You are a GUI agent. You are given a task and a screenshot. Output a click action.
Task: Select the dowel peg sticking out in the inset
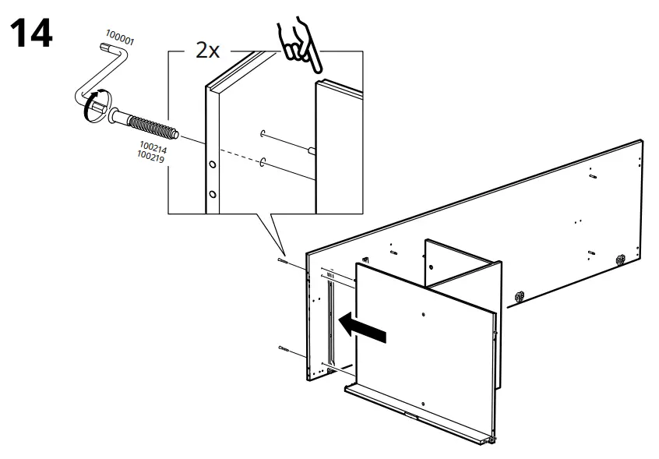(x=311, y=152)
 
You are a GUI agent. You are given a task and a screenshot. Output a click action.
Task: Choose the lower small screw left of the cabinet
(x=283, y=350)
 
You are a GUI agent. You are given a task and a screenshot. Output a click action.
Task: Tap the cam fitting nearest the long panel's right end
(x=622, y=259)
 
